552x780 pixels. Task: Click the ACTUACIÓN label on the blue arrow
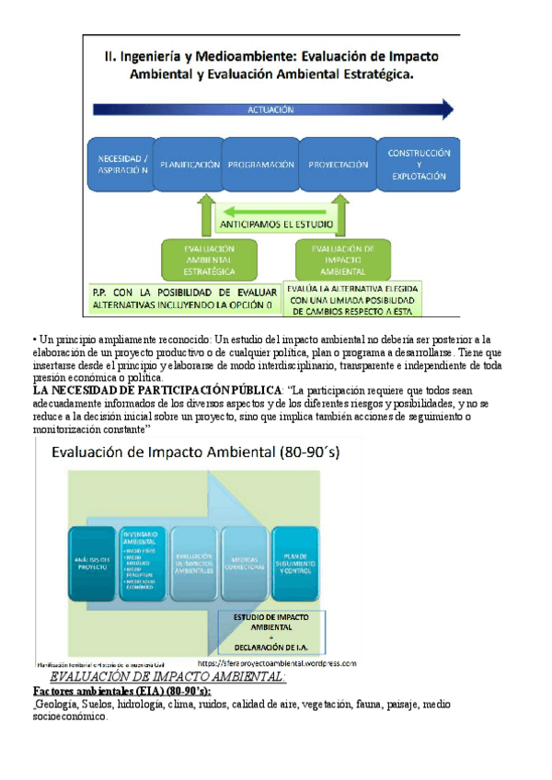click(x=270, y=109)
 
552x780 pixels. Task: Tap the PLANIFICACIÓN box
click(x=190, y=165)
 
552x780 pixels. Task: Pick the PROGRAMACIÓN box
click(x=260, y=165)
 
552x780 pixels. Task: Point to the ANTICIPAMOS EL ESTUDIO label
click(x=276, y=224)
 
